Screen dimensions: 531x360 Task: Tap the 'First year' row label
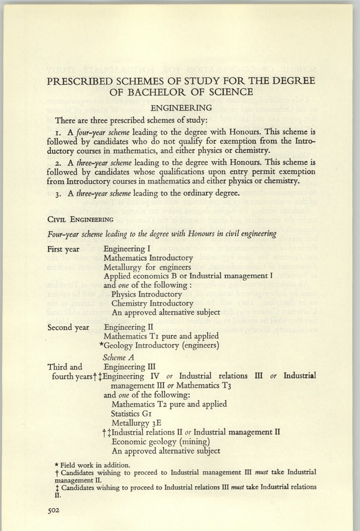(x=65, y=249)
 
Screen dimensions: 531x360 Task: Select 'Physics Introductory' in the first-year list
(x=146, y=294)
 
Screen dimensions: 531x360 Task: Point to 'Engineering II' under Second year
(x=129, y=326)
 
